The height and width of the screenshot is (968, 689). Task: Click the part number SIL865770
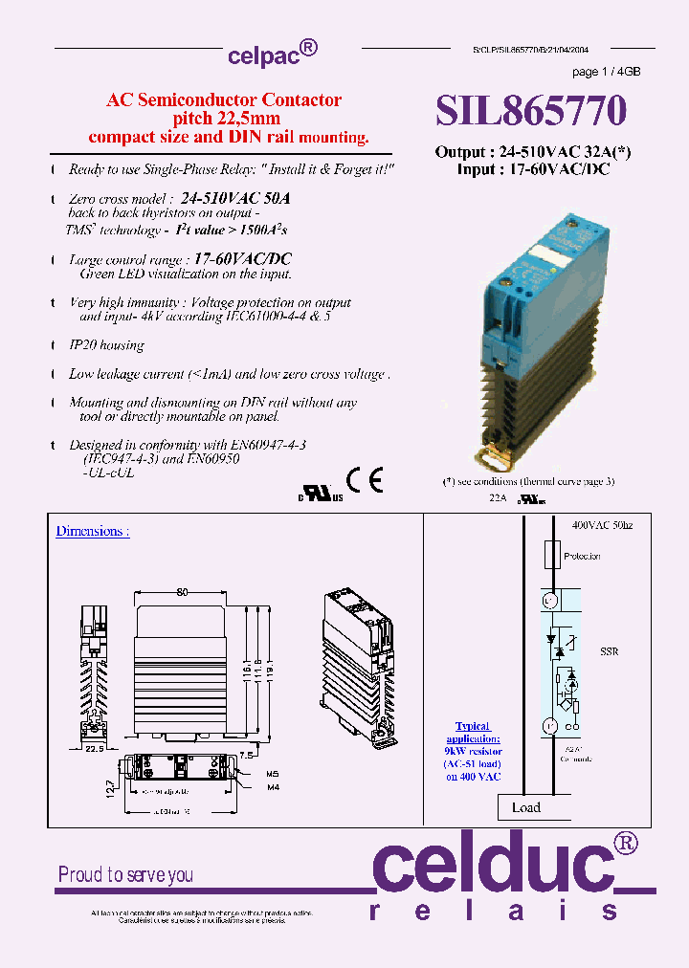click(x=531, y=111)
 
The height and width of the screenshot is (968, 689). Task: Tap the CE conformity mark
click(x=365, y=480)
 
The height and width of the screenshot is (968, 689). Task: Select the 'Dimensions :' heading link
click(x=92, y=531)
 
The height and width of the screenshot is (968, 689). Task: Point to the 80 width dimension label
click(x=182, y=592)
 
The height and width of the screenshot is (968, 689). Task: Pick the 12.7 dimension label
click(x=109, y=790)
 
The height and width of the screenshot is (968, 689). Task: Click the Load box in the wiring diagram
click(x=525, y=807)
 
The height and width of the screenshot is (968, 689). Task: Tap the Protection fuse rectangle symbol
click(x=551, y=556)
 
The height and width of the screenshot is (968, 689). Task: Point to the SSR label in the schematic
click(x=610, y=651)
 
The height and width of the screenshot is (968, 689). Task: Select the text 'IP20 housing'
click(x=106, y=345)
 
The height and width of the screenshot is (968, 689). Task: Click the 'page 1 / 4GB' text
click(x=606, y=72)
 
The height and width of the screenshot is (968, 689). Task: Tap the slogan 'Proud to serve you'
click(x=125, y=874)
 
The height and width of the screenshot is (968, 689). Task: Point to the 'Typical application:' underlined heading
click(x=473, y=733)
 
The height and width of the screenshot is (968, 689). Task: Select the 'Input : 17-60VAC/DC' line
click(x=533, y=169)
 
